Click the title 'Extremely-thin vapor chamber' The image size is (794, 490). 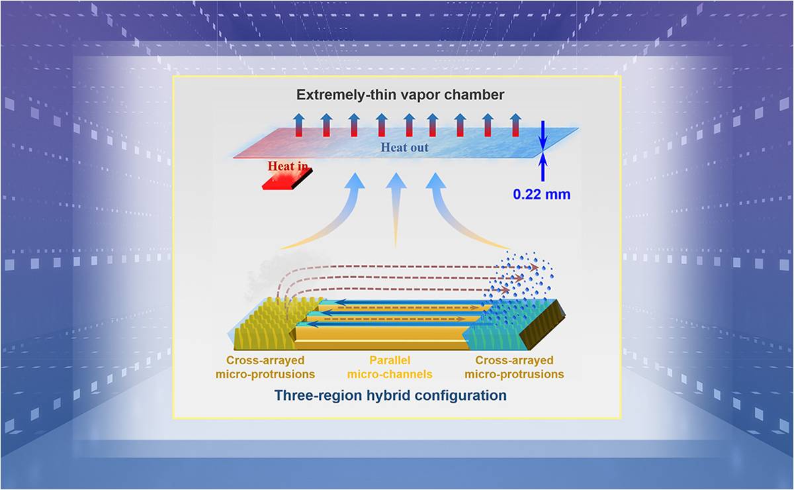[x=400, y=95]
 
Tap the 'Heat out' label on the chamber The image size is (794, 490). [x=404, y=148]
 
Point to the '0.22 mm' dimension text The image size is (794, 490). [x=542, y=195]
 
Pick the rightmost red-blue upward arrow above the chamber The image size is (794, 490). [x=515, y=124]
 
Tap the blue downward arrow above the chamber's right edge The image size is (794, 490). [x=543, y=135]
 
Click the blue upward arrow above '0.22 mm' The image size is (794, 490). [x=543, y=168]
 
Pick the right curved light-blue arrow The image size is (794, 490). [x=457, y=212]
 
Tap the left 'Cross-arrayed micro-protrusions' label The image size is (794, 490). [x=265, y=368]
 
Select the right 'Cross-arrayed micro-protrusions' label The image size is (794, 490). [x=514, y=368]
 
